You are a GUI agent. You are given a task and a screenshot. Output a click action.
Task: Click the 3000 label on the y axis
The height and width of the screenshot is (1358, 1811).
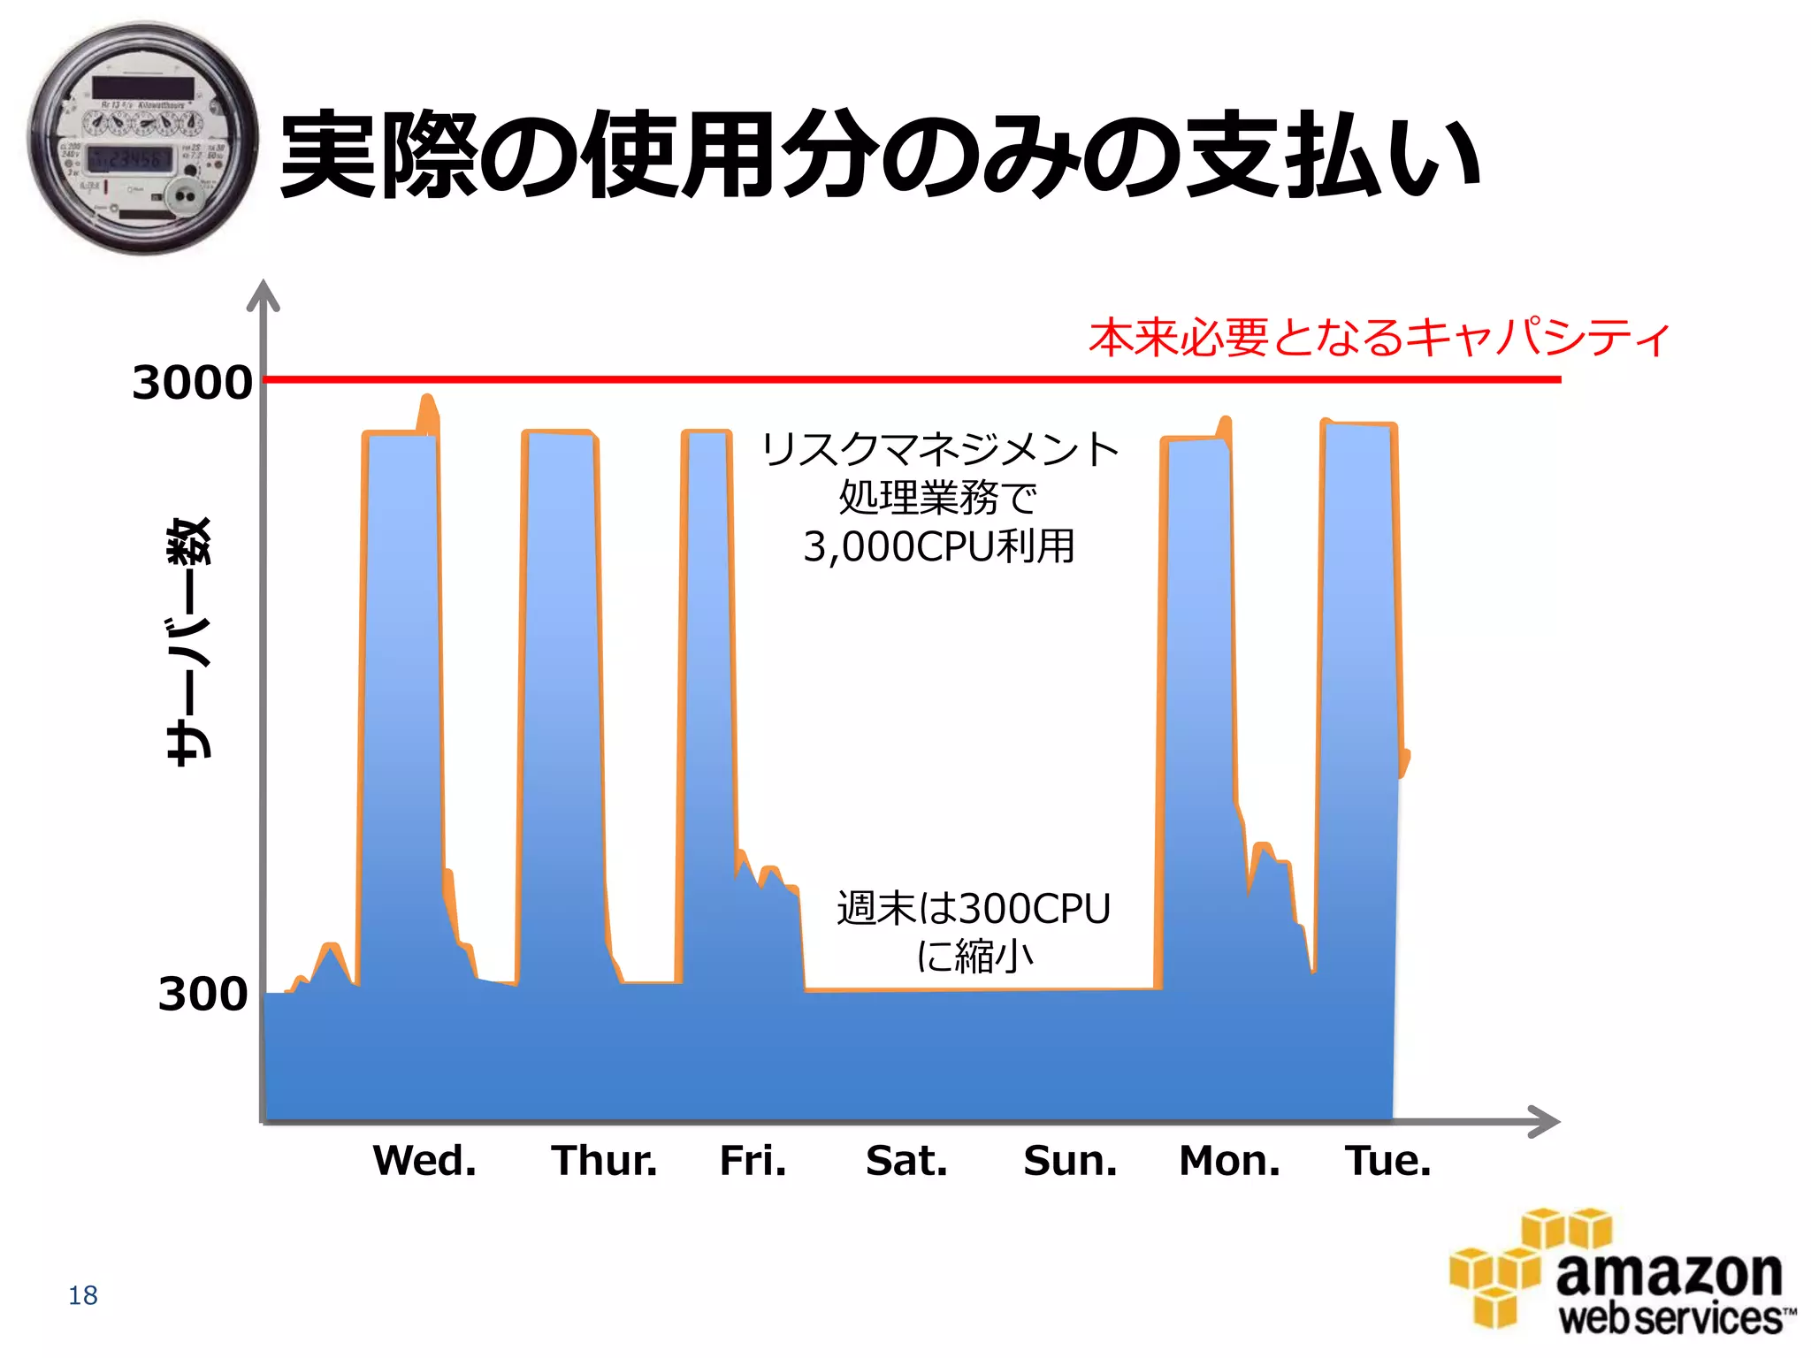tap(192, 383)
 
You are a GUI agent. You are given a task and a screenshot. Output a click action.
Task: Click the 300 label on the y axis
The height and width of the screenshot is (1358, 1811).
tap(202, 994)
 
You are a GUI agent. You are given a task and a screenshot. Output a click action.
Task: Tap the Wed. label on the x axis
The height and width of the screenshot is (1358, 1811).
tap(424, 1160)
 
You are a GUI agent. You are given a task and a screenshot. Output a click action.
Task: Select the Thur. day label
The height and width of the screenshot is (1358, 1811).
tap(605, 1160)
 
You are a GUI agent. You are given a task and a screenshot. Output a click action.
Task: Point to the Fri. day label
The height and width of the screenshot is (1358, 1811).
tap(753, 1160)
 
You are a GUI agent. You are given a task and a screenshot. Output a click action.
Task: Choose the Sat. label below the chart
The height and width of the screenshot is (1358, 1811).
tap(906, 1160)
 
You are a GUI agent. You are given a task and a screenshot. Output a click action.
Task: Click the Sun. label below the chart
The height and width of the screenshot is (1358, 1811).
tap(1070, 1160)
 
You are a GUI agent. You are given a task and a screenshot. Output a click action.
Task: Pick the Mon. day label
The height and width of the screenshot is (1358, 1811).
tap(1229, 1160)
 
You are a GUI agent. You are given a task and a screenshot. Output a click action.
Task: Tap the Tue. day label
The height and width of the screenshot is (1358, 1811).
tap(1387, 1160)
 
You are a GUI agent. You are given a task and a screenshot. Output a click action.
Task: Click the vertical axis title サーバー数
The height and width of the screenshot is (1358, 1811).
tap(190, 641)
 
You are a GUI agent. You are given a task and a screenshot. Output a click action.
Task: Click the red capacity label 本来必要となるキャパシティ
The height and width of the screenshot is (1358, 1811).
tap(1379, 338)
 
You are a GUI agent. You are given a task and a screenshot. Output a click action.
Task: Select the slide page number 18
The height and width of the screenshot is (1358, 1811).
tap(83, 1295)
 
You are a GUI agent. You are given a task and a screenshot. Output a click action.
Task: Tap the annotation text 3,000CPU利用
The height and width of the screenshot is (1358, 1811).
tap(939, 546)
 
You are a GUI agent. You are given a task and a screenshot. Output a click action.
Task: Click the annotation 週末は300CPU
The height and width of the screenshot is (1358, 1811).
tap(974, 909)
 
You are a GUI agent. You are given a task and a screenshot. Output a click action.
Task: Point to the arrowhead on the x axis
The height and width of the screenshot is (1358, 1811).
tap(1544, 1121)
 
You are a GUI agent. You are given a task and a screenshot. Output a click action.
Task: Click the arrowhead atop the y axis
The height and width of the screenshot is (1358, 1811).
tap(263, 296)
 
